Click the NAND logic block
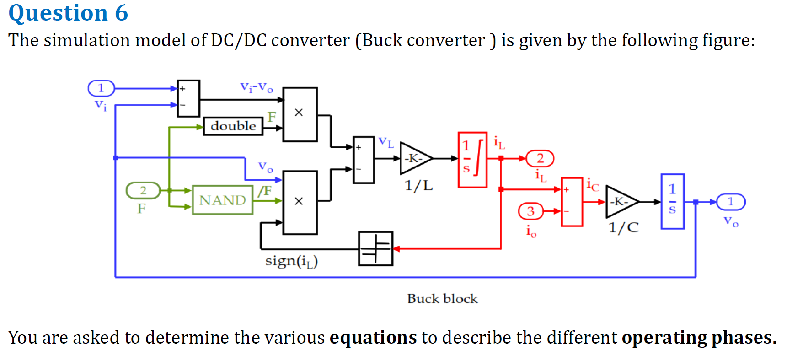222,200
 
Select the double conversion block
233,126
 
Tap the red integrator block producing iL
472,160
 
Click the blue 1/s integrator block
672,201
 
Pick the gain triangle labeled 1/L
415,158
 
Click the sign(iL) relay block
375,248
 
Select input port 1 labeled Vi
101,88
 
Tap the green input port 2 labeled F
143,190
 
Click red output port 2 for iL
540,158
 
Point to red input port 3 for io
530,211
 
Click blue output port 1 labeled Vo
730,201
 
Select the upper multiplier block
300,114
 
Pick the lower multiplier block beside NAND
300,202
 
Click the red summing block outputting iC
572,202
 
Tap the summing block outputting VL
364,160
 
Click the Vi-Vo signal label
257,87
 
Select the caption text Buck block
442,299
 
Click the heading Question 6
68,13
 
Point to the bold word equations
373,338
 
